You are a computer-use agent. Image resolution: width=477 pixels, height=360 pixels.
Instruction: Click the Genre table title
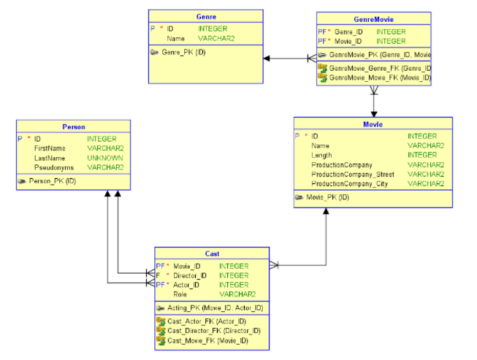(x=206, y=16)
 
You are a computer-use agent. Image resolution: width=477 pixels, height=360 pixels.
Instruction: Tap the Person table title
(x=74, y=126)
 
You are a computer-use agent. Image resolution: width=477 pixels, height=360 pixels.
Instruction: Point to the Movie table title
(x=373, y=124)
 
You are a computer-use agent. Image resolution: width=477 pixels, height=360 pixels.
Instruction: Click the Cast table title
(x=212, y=253)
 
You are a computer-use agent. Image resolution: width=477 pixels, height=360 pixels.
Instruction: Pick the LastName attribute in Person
(x=50, y=158)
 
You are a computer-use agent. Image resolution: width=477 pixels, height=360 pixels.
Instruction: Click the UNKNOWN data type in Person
(x=105, y=158)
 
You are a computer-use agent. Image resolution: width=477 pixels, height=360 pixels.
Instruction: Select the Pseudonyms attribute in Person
(x=53, y=167)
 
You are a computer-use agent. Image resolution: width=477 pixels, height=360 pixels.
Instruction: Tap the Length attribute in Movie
(x=321, y=155)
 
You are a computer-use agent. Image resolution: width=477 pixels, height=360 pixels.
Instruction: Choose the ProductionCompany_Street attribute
(x=353, y=175)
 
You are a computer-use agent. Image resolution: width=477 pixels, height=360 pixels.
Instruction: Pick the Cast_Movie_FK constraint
(x=205, y=340)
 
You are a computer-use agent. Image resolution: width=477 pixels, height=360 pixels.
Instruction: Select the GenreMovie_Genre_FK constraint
(x=378, y=68)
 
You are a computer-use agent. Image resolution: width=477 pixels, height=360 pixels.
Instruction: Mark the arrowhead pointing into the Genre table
(x=268, y=58)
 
